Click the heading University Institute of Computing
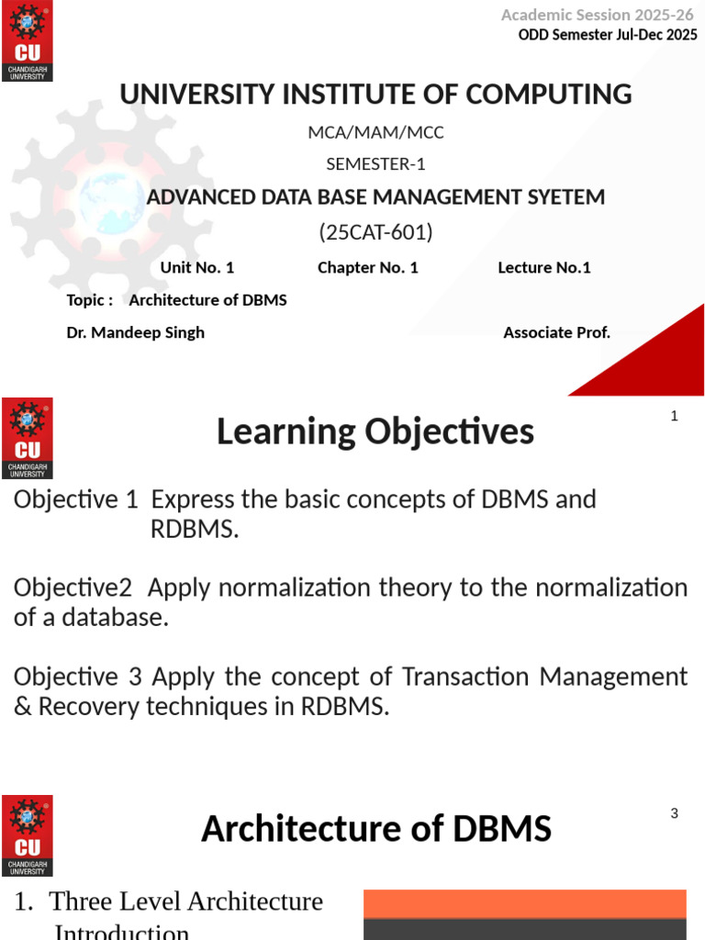(x=375, y=94)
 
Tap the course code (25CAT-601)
(x=375, y=232)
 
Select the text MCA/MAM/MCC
(x=375, y=132)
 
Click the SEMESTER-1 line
(x=375, y=164)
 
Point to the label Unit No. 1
(x=197, y=267)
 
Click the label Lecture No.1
(x=544, y=267)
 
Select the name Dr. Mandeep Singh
(x=135, y=332)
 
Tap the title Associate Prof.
(x=556, y=332)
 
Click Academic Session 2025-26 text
(x=598, y=15)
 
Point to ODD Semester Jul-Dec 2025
(x=608, y=36)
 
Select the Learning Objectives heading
(x=375, y=431)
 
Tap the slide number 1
(x=674, y=416)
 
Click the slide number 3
(x=674, y=813)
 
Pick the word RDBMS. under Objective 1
(x=195, y=530)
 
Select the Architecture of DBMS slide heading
(x=375, y=829)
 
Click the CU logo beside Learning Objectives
(x=28, y=438)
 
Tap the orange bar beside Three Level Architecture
(x=525, y=903)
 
